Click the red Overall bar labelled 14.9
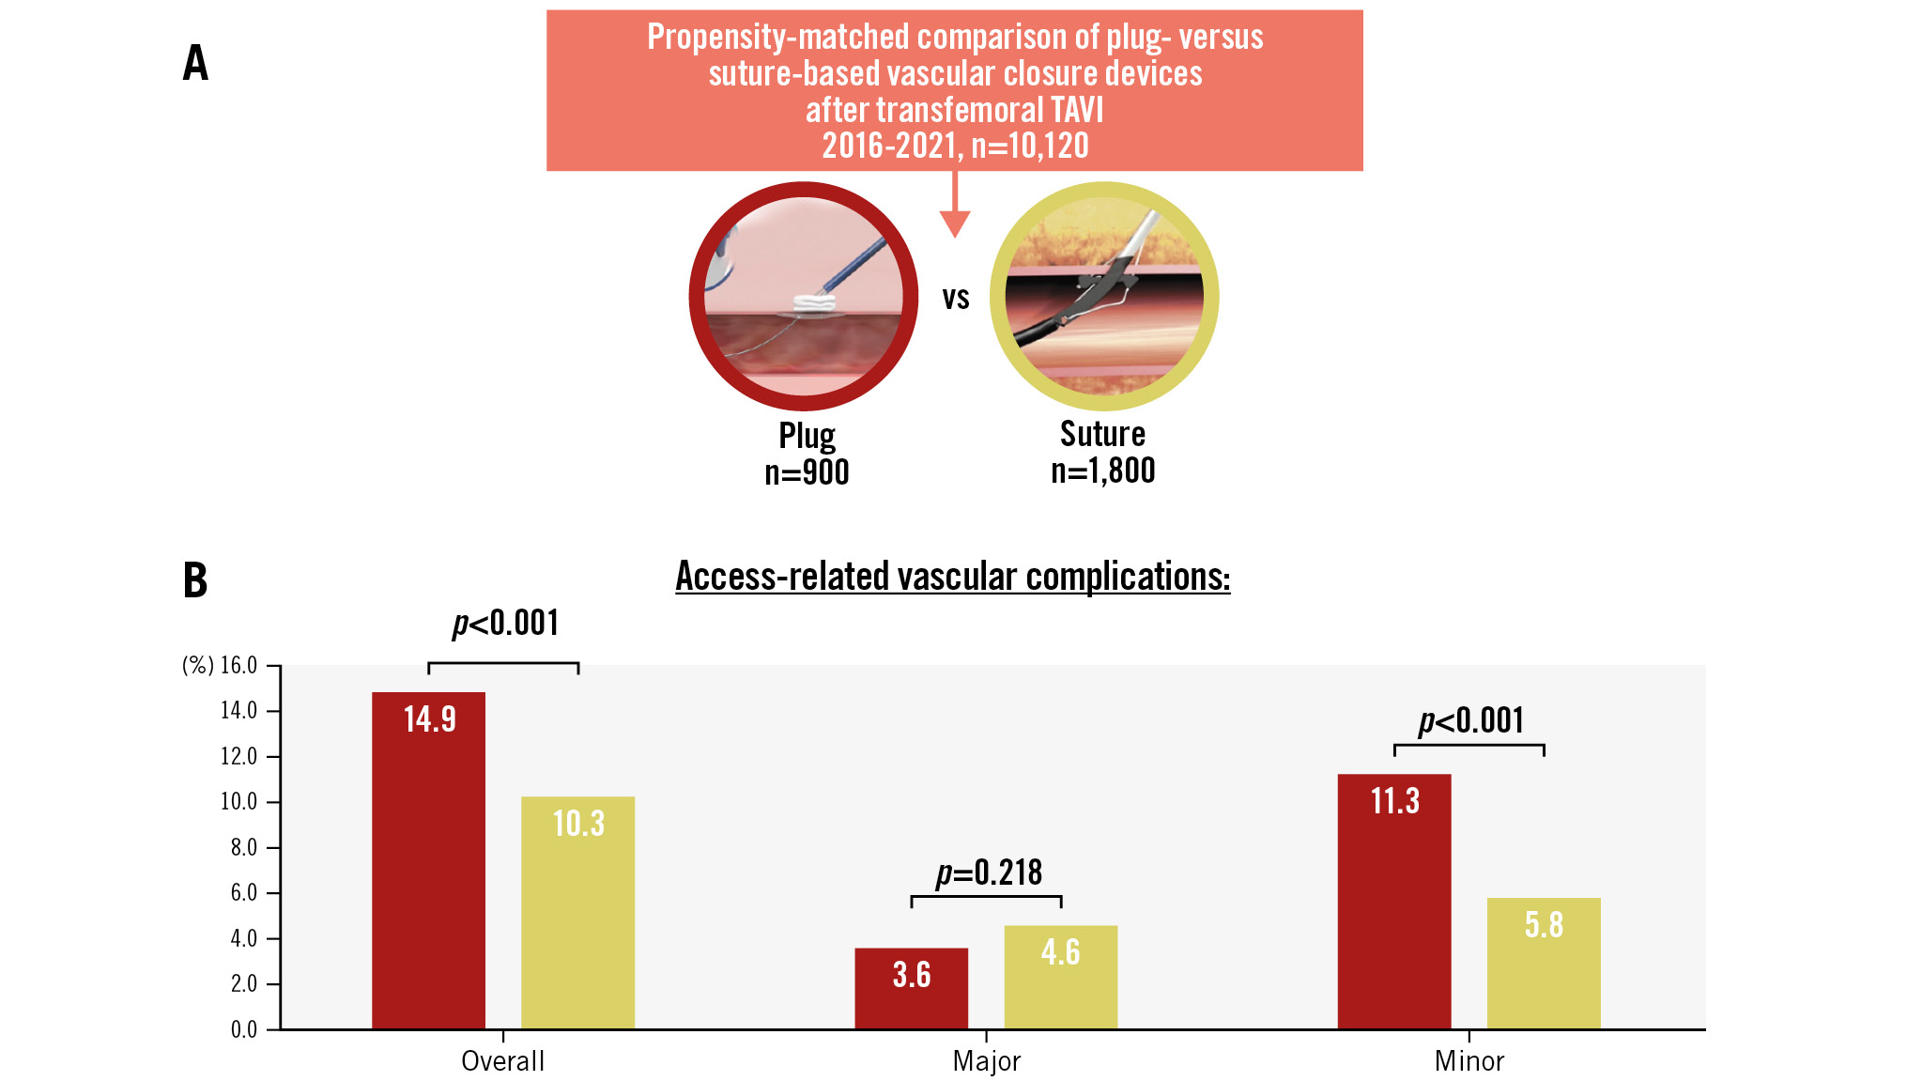click(428, 859)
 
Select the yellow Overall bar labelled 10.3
click(577, 912)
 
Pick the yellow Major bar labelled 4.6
click(1060, 977)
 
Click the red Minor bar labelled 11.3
click(1393, 901)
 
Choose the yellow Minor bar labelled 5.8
click(1543, 963)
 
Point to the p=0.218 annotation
click(989, 873)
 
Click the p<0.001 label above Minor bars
click(1470, 720)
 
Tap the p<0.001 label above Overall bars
click(505, 623)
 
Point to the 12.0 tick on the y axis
click(238, 756)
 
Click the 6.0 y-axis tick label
click(243, 892)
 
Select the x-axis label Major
click(986, 1061)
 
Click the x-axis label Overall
click(502, 1061)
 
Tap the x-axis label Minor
click(1469, 1061)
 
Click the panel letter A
click(195, 63)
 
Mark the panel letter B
click(195, 579)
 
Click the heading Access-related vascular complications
click(952, 576)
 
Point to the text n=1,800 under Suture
click(1102, 471)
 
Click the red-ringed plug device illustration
click(804, 296)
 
